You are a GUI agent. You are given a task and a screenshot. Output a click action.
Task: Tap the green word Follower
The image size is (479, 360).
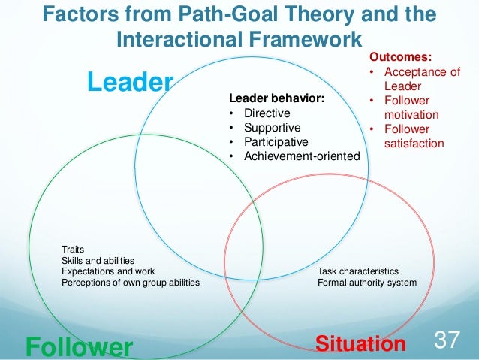pyautogui.click(x=79, y=346)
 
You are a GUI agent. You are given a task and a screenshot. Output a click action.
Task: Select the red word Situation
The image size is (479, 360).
pyautogui.click(x=360, y=344)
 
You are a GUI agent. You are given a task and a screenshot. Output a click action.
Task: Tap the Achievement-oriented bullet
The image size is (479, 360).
pyautogui.click(x=294, y=156)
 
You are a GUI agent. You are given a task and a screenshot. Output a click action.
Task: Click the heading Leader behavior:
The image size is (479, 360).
pyautogui.click(x=276, y=98)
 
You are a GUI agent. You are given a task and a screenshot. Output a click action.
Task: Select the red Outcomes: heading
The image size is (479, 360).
pyautogui.click(x=400, y=57)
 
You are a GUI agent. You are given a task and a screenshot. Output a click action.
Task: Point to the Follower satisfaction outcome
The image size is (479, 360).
pyautogui.click(x=413, y=136)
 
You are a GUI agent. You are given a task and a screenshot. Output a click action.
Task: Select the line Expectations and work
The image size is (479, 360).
pyautogui.click(x=108, y=271)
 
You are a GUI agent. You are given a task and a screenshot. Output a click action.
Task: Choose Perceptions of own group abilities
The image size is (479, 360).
pyautogui.click(x=130, y=283)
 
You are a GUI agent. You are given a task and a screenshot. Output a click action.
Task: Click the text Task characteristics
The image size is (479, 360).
pyautogui.click(x=358, y=271)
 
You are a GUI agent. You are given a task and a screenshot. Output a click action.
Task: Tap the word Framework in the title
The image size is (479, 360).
pyautogui.click(x=295, y=38)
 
